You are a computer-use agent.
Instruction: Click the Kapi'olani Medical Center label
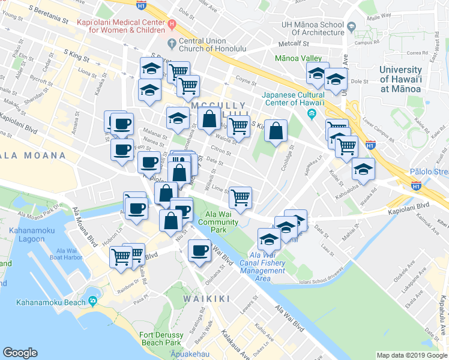click(123, 24)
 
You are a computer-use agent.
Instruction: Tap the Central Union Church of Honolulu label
click(206, 47)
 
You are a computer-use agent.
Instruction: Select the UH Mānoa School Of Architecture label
click(315, 28)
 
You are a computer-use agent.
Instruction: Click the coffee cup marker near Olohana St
click(199, 251)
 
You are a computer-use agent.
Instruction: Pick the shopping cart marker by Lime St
click(240, 197)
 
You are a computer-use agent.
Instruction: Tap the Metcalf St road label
click(292, 44)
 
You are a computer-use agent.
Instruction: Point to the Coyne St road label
click(246, 79)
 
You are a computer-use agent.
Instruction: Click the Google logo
click(20, 353)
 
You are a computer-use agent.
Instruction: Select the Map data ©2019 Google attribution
click(411, 355)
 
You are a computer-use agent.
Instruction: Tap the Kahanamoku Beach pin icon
click(92, 301)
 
